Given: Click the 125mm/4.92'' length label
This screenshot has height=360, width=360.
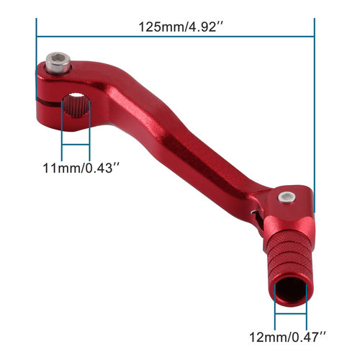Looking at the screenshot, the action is point(181,27).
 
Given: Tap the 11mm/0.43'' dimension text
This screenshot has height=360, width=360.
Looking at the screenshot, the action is point(81,168).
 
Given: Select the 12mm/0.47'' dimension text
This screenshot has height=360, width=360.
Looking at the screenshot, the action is point(288,337).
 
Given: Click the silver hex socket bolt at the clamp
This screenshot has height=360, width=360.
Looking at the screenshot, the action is point(58,63).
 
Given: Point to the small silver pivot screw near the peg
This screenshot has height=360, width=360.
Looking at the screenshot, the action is point(287,198).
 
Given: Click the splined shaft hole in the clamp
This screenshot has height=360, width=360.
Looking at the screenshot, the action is point(76,105).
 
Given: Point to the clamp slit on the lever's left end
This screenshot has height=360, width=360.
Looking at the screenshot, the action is point(49,103).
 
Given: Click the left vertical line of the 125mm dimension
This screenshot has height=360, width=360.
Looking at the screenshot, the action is point(37,59).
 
